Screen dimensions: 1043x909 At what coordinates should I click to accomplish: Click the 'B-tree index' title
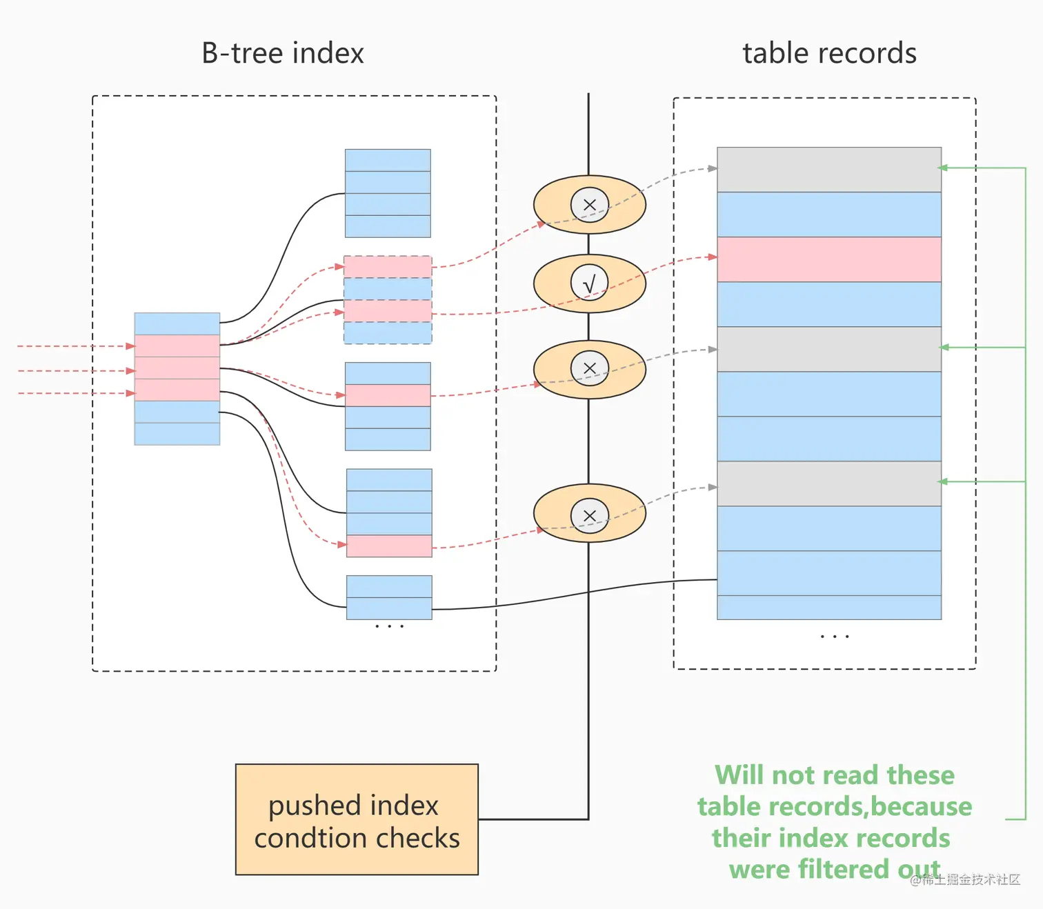(283, 53)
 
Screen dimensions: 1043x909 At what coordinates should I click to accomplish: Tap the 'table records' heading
(829, 53)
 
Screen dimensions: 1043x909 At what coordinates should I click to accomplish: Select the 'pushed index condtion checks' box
(357, 819)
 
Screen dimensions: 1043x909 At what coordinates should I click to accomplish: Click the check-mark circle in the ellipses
(589, 283)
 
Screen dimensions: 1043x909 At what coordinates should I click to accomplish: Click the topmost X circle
(589, 205)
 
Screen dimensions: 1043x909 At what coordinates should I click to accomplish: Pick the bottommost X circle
(589, 516)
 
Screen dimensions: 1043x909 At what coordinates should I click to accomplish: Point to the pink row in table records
(829, 259)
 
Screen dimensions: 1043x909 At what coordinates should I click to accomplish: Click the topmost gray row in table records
(829, 170)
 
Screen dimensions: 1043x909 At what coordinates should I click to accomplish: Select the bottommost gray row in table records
(829, 483)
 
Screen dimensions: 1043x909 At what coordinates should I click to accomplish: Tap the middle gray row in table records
(829, 349)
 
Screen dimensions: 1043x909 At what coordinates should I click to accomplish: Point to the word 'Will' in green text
(739, 775)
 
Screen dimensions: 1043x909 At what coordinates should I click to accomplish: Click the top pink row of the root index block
(177, 346)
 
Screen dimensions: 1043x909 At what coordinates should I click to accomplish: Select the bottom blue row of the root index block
(177, 434)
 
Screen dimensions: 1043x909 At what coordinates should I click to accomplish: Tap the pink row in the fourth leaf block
(389, 546)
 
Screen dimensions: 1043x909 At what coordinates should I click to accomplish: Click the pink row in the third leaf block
(388, 395)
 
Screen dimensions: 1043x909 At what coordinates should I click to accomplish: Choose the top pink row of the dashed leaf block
(388, 267)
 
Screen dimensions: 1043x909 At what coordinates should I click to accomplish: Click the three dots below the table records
(835, 637)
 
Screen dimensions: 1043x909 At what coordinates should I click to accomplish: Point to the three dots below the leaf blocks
(389, 626)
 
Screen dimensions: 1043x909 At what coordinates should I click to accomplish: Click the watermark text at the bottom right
(965, 879)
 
